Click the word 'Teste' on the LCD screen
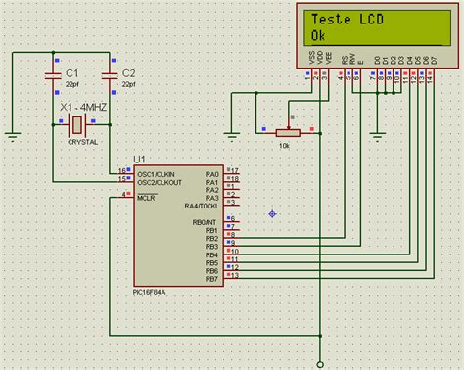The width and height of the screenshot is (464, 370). point(331,20)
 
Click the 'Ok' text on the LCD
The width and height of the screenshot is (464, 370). point(318,35)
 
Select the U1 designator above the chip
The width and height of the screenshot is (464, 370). point(139,159)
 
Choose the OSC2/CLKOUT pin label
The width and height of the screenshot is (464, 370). point(158,180)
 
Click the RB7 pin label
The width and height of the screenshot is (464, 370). point(211,280)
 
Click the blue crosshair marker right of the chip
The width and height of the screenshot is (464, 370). point(272,214)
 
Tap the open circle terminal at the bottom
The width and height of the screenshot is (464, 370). point(318,361)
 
